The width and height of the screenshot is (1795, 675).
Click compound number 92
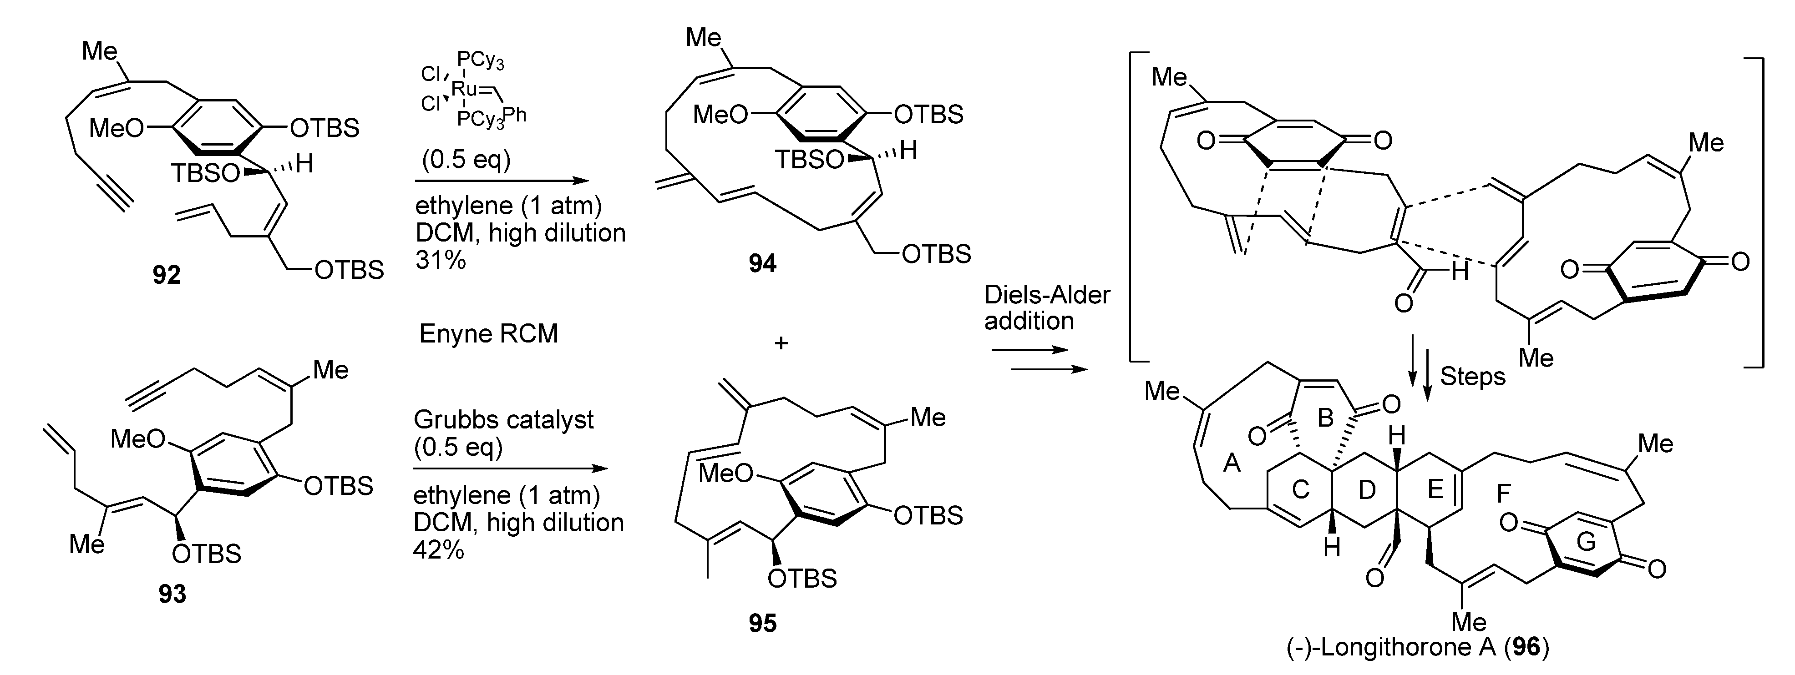point(167,276)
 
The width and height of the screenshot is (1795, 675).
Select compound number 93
point(172,594)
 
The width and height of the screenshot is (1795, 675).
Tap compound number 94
point(762,263)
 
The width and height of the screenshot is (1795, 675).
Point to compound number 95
point(762,623)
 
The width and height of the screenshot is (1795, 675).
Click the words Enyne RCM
point(488,334)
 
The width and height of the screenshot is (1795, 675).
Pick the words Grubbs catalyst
point(503,419)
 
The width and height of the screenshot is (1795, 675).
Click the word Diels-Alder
point(1047,295)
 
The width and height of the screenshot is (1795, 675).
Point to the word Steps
point(1472,377)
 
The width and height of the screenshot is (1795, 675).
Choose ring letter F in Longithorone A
point(1503,494)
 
